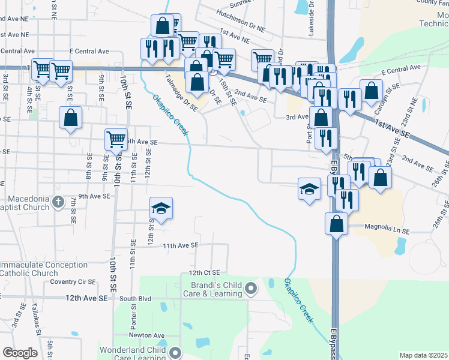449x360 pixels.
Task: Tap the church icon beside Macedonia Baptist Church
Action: (58, 201)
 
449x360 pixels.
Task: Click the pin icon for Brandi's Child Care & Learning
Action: (252, 290)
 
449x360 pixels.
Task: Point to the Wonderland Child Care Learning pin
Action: (175, 352)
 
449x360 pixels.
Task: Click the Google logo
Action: (20, 353)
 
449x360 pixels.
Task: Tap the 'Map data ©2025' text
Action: (423, 355)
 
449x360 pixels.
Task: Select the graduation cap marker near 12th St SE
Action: (161, 208)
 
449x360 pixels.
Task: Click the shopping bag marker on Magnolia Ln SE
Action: (337, 224)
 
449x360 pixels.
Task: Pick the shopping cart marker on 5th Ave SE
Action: (116, 139)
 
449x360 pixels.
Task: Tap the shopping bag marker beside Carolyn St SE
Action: (372, 91)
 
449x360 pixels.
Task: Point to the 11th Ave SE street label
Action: (180, 245)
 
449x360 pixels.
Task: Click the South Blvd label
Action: (135, 298)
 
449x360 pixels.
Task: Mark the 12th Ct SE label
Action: (205, 272)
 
